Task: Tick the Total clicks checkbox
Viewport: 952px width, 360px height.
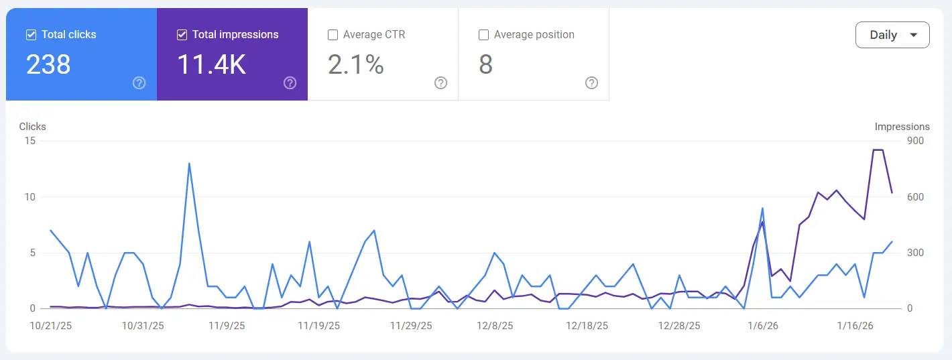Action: click(x=31, y=35)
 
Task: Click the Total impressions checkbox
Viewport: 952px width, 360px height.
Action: click(x=182, y=35)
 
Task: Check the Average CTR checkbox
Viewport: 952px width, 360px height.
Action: click(x=333, y=35)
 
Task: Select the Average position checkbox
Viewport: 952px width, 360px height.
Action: click(x=483, y=35)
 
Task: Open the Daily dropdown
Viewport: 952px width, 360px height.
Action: click(x=892, y=35)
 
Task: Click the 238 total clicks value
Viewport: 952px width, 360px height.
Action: click(x=48, y=64)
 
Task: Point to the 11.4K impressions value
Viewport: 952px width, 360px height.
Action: click(x=211, y=64)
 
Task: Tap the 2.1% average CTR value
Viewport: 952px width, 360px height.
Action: click(x=355, y=64)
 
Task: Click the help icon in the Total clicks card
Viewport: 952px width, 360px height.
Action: click(x=139, y=83)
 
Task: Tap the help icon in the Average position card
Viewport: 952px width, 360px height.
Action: click(x=591, y=83)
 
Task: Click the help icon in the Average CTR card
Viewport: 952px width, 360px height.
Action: click(x=440, y=83)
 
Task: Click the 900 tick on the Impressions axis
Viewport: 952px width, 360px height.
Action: click(x=915, y=141)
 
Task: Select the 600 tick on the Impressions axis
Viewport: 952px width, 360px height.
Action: click(x=915, y=197)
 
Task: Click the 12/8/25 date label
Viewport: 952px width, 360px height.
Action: click(x=494, y=326)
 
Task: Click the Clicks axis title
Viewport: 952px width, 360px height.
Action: click(x=33, y=127)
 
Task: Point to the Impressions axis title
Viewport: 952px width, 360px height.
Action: click(x=902, y=127)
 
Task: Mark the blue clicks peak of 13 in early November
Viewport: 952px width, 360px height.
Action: click(x=189, y=164)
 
